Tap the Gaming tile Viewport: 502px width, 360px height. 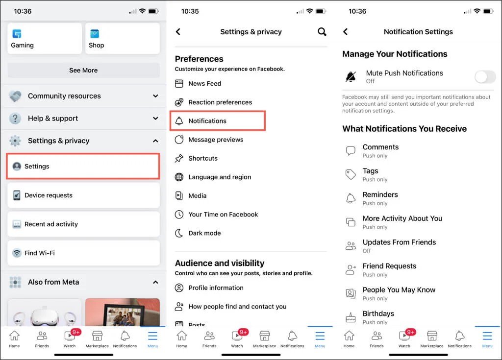pyautogui.click(x=45, y=39)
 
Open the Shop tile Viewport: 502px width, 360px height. pyautogui.click(x=122, y=39)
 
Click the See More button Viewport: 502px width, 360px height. pyautogui.click(x=83, y=70)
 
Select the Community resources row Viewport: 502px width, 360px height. pyautogui.click(x=83, y=96)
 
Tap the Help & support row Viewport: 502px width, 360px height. pyautogui.click(x=83, y=118)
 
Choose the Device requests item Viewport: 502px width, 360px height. pyautogui.click(x=83, y=195)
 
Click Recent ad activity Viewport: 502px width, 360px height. pyautogui.click(x=83, y=224)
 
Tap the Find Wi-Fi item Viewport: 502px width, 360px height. pyautogui.click(x=83, y=253)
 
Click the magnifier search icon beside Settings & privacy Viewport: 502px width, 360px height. pyautogui.click(x=322, y=32)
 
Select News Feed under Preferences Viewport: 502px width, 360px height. pyautogui.click(x=204, y=84)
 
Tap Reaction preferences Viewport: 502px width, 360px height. pyautogui.click(x=220, y=102)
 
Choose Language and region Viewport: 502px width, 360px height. pyautogui.click(x=219, y=177)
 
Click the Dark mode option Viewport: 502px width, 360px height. pyautogui.click(x=204, y=233)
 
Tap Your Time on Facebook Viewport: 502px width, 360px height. pyautogui.click(x=223, y=215)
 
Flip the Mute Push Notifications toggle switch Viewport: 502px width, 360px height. pyautogui.click(x=485, y=77)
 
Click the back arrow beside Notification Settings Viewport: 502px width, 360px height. pyautogui.click(x=345, y=32)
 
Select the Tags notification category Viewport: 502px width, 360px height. pyautogui.click(x=371, y=174)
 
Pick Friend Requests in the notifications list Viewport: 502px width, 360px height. pyautogui.click(x=389, y=269)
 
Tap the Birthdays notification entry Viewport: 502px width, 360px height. pyautogui.click(x=378, y=317)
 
